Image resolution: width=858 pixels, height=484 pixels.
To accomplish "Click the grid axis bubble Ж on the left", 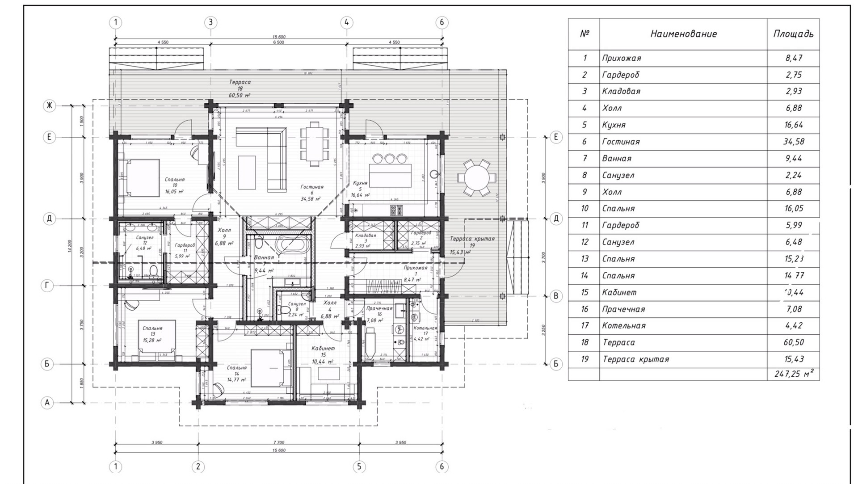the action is point(49,106).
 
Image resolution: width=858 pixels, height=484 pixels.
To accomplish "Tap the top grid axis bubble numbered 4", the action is point(347,22).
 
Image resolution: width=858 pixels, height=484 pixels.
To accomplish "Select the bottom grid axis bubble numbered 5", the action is point(359,467).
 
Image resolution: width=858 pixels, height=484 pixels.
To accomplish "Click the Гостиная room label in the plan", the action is point(311,187).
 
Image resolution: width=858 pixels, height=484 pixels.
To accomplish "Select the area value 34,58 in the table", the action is point(793,142).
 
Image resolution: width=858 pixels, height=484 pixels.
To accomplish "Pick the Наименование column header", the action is point(683,34).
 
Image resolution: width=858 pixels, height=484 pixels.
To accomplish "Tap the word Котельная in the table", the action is point(623,326).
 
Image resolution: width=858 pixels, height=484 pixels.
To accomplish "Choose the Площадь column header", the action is point(793,34).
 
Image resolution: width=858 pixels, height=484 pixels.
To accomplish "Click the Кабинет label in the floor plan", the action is point(323,348).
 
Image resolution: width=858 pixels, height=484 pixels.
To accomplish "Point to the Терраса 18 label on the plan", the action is point(240,82).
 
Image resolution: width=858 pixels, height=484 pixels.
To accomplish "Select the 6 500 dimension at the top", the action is point(278,42).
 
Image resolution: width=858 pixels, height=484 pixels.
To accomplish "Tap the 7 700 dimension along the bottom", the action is point(278,442).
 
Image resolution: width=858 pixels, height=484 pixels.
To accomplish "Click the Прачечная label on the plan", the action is point(379,308).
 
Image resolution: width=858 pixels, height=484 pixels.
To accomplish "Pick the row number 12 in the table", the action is point(584,242).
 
